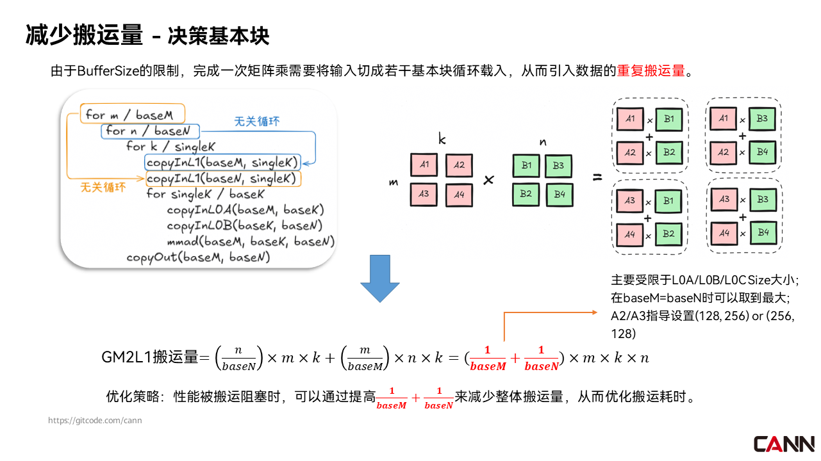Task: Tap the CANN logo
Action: pos(784,444)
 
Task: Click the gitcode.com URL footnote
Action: pos(95,421)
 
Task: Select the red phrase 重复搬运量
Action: pos(651,70)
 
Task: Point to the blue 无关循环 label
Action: pos(257,121)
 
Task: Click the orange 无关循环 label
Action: pos(103,188)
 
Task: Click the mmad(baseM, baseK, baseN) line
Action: pos(249,241)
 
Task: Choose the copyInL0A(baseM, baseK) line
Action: pos(245,210)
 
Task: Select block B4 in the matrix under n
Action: pos(560,194)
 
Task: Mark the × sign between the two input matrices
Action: pos(488,180)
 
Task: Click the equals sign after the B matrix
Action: pos(597,177)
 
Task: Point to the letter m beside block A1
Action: pos(394,182)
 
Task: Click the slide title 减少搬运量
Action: pos(83,36)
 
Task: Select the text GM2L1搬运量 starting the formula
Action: pos(149,357)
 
